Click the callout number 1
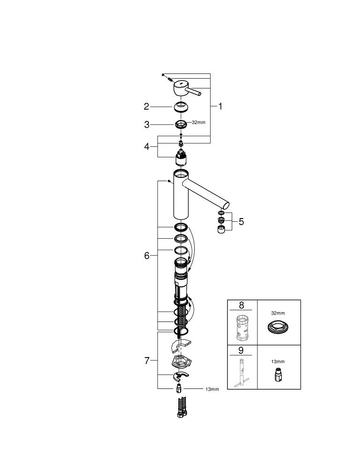(220, 106)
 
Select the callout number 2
(147, 107)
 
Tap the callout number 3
(147, 124)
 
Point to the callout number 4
(147, 146)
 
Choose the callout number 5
(241, 221)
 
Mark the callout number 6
(147, 256)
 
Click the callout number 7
(147, 360)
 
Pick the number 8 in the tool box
(241, 305)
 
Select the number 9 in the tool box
(241, 350)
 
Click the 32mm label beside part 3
(198, 122)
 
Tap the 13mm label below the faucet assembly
(212, 389)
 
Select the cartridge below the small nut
(181, 158)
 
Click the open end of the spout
(225, 205)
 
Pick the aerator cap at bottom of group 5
(221, 229)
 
